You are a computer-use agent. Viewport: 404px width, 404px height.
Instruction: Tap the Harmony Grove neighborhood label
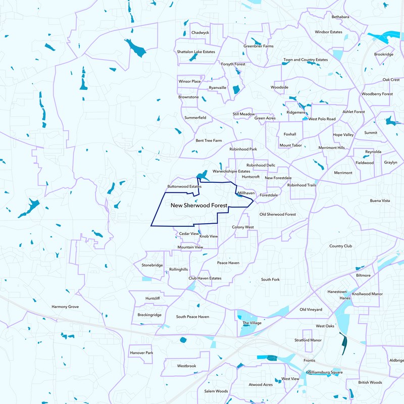(65, 307)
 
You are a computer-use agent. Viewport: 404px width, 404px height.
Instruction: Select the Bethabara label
(340, 17)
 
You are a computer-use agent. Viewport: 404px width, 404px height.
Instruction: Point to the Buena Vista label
(380, 201)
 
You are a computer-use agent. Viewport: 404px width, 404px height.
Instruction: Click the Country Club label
(340, 246)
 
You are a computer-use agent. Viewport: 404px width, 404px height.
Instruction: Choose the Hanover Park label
(141, 352)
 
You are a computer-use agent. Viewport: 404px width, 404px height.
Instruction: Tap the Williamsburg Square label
(325, 372)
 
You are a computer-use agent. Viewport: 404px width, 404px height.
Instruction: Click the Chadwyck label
(200, 32)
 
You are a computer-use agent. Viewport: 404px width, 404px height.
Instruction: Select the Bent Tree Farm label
(209, 140)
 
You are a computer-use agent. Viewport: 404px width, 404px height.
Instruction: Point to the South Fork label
(270, 279)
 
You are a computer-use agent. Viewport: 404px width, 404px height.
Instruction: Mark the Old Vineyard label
(311, 310)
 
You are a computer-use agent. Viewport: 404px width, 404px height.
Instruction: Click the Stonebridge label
(152, 265)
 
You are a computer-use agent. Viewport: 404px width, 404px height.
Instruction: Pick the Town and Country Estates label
(306, 60)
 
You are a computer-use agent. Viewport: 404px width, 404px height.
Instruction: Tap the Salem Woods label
(216, 391)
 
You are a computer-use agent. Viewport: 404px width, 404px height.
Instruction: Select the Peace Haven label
(228, 263)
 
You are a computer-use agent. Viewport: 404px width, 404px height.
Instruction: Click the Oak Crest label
(391, 80)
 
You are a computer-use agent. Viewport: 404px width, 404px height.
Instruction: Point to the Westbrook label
(186, 366)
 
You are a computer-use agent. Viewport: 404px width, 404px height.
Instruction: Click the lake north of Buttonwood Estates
(203, 176)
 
